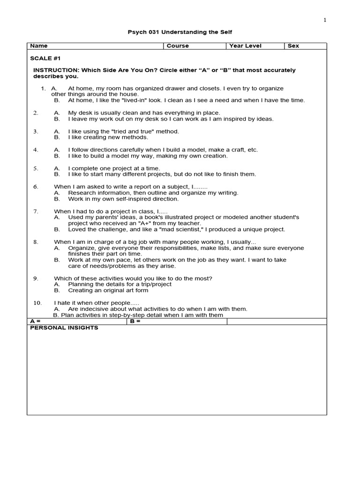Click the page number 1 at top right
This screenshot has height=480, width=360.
tap(324, 20)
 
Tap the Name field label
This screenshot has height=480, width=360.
tap(39, 46)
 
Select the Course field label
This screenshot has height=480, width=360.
tap(178, 46)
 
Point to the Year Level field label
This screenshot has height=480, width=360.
tap(245, 46)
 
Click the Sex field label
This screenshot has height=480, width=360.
tap(293, 46)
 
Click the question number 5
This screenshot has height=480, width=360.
tap(36, 168)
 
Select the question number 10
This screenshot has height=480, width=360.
tap(37, 303)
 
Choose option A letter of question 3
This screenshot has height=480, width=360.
tap(57, 132)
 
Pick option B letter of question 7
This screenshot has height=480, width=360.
tap(57, 230)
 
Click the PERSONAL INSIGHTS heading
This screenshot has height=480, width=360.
tap(64, 328)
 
